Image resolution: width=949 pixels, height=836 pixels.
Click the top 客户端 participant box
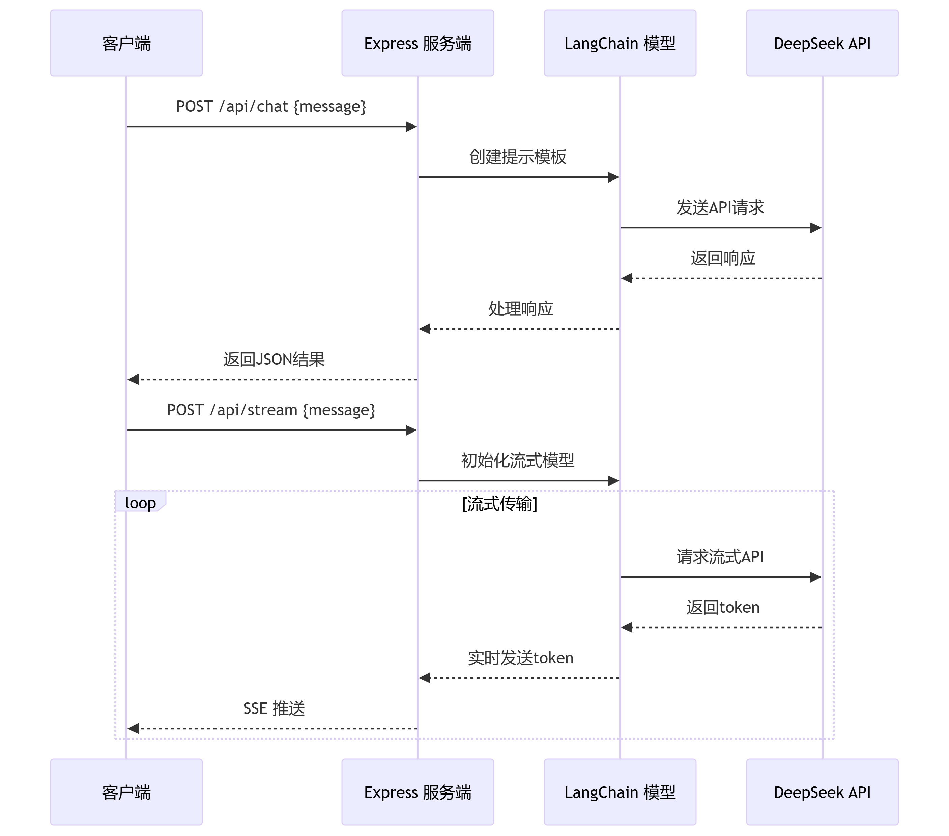click(x=126, y=43)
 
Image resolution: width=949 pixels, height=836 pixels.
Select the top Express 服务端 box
click(x=418, y=43)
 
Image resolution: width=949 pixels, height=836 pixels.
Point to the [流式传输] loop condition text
click(x=499, y=503)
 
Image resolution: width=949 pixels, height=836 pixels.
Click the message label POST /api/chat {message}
click(x=271, y=106)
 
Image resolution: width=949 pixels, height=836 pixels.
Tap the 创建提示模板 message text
click(x=518, y=157)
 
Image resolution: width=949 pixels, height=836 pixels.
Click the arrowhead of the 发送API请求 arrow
click(x=816, y=228)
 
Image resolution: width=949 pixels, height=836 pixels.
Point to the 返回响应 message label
click(x=723, y=258)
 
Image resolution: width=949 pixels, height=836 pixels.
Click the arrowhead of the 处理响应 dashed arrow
click(x=424, y=329)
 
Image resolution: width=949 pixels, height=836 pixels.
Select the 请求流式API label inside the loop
click(x=720, y=556)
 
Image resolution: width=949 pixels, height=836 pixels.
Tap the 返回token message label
click(x=723, y=607)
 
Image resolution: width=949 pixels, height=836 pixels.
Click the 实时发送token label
click(x=520, y=658)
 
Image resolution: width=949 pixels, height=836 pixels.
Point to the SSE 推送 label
click(x=274, y=708)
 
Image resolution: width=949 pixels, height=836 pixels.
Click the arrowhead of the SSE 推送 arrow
click(x=133, y=729)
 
